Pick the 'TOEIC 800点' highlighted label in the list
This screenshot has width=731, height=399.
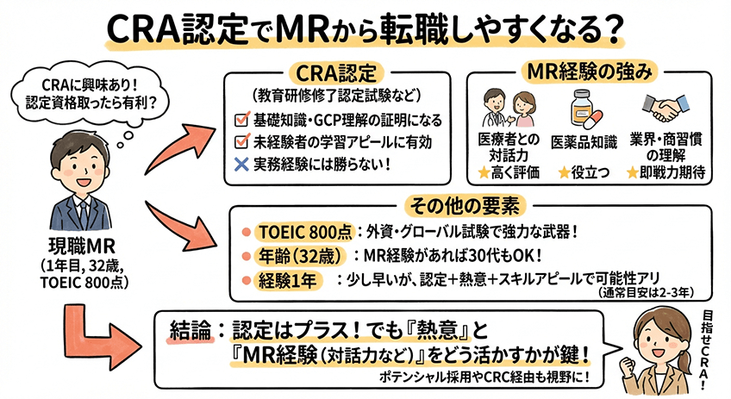[294, 233]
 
